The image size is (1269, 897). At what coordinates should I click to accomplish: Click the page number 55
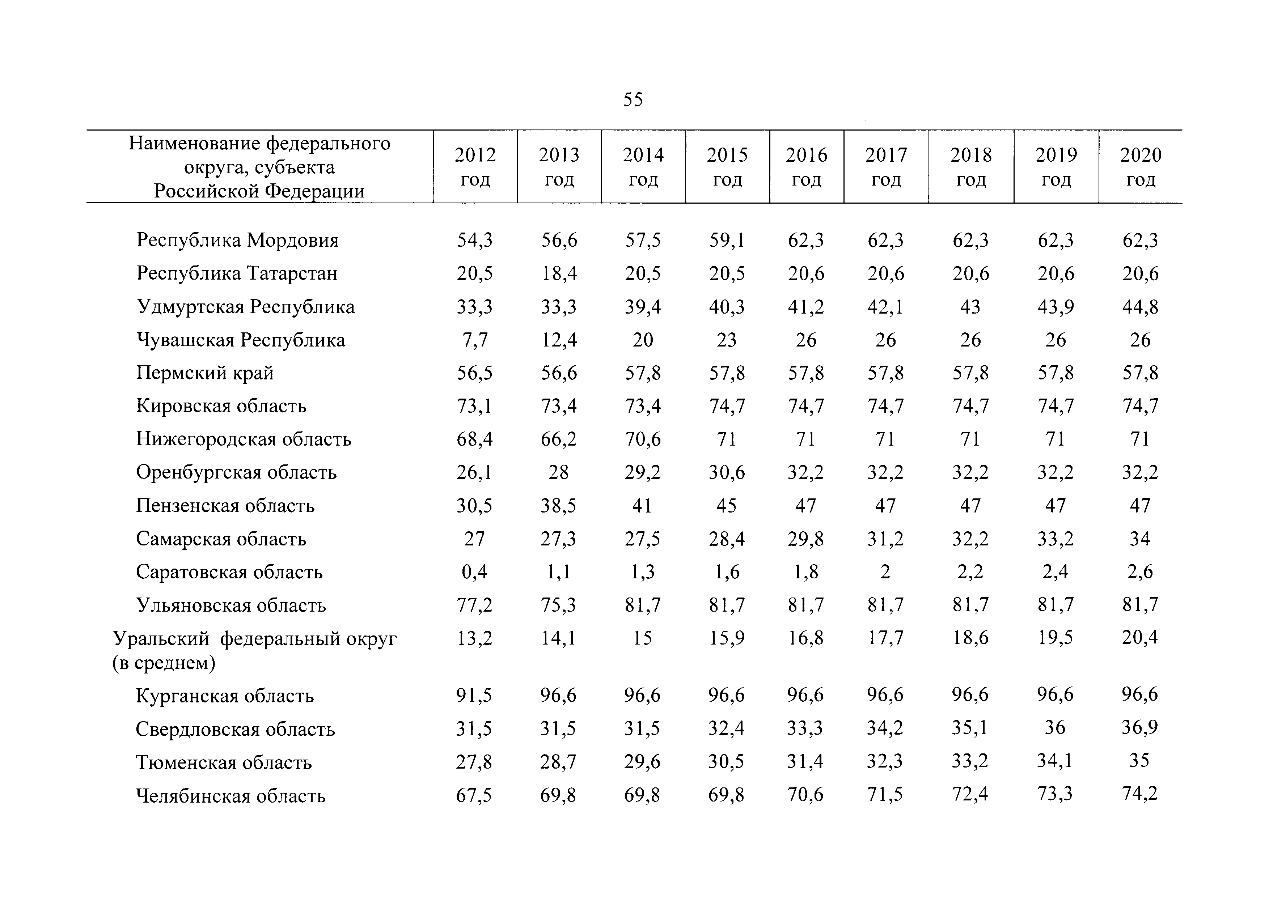[x=633, y=99]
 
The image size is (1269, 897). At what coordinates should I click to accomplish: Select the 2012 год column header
[x=475, y=167]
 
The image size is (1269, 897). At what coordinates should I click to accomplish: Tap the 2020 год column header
[x=1140, y=167]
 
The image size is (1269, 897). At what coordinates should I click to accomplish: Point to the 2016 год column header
[x=807, y=167]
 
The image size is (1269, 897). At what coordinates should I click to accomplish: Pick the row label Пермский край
[x=205, y=373]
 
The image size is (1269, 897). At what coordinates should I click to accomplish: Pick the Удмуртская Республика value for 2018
[x=970, y=307]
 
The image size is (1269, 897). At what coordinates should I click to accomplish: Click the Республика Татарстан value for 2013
[x=559, y=273]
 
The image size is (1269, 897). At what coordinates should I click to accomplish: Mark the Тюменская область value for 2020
[x=1140, y=761]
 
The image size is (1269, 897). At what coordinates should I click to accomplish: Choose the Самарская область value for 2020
[x=1140, y=539]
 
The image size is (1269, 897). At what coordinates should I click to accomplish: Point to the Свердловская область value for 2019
[x=1055, y=728]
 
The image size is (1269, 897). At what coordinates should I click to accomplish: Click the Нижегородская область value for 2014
[x=643, y=439]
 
